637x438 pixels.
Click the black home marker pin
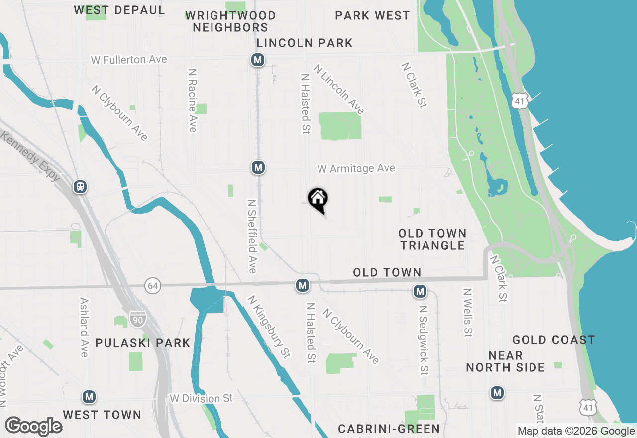coord(318,199)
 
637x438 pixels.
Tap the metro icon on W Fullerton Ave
coord(257,60)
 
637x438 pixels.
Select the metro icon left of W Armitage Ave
coord(258,167)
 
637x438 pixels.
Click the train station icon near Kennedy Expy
coord(80,187)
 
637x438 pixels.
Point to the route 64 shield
coord(153,286)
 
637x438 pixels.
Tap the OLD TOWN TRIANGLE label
coord(432,239)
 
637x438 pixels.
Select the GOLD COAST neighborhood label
coord(553,340)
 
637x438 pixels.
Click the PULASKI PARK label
coord(143,343)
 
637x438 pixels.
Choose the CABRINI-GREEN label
coord(389,429)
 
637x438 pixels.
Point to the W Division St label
coord(201,398)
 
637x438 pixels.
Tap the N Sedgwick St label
coord(423,339)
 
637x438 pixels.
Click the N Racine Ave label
coord(193,100)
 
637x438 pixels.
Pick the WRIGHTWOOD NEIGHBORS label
coord(230,22)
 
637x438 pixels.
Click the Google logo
coord(33,426)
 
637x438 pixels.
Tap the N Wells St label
coord(467,312)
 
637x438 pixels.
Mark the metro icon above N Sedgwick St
coord(420,291)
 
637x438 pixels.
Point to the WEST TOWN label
coord(102,415)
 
